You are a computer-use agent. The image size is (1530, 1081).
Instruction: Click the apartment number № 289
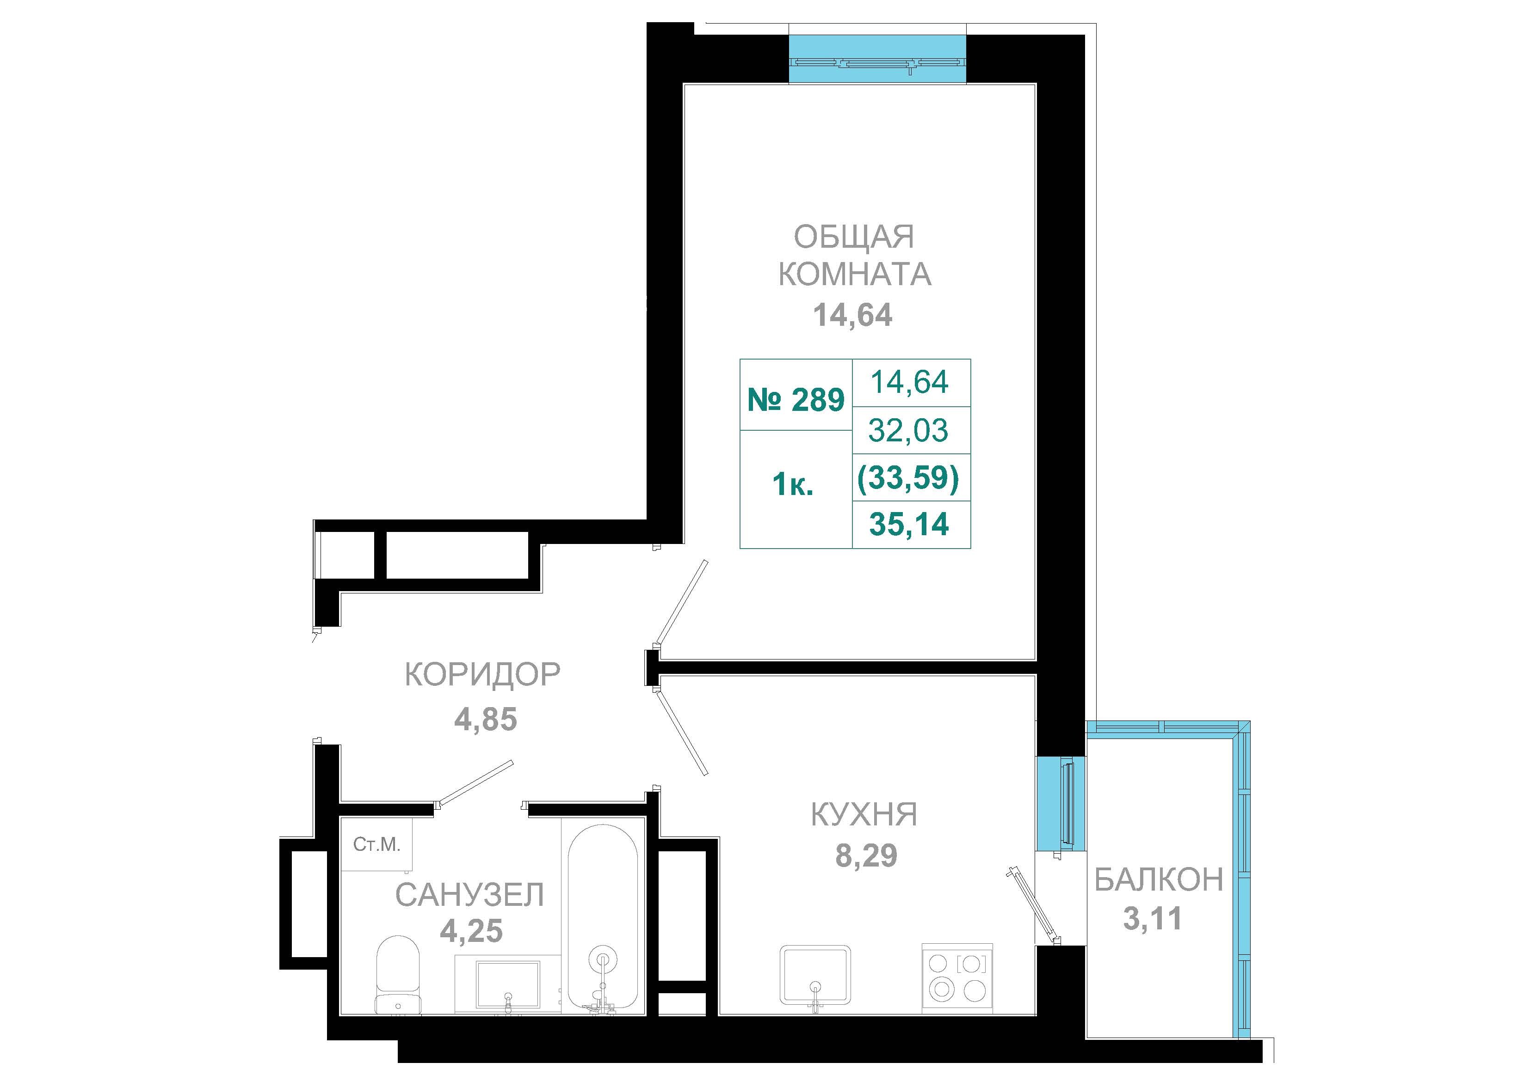pyautogui.click(x=796, y=400)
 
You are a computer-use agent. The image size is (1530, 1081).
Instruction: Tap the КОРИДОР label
pyautogui.click(x=483, y=675)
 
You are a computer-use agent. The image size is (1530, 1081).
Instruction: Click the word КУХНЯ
pyautogui.click(x=864, y=815)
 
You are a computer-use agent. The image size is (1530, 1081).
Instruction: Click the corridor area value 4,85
pyautogui.click(x=486, y=720)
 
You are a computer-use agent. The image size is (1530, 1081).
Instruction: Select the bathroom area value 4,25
pyautogui.click(x=471, y=931)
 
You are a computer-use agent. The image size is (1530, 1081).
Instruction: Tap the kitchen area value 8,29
pyautogui.click(x=866, y=856)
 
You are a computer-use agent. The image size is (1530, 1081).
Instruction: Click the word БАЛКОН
pyautogui.click(x=1159, y=880)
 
